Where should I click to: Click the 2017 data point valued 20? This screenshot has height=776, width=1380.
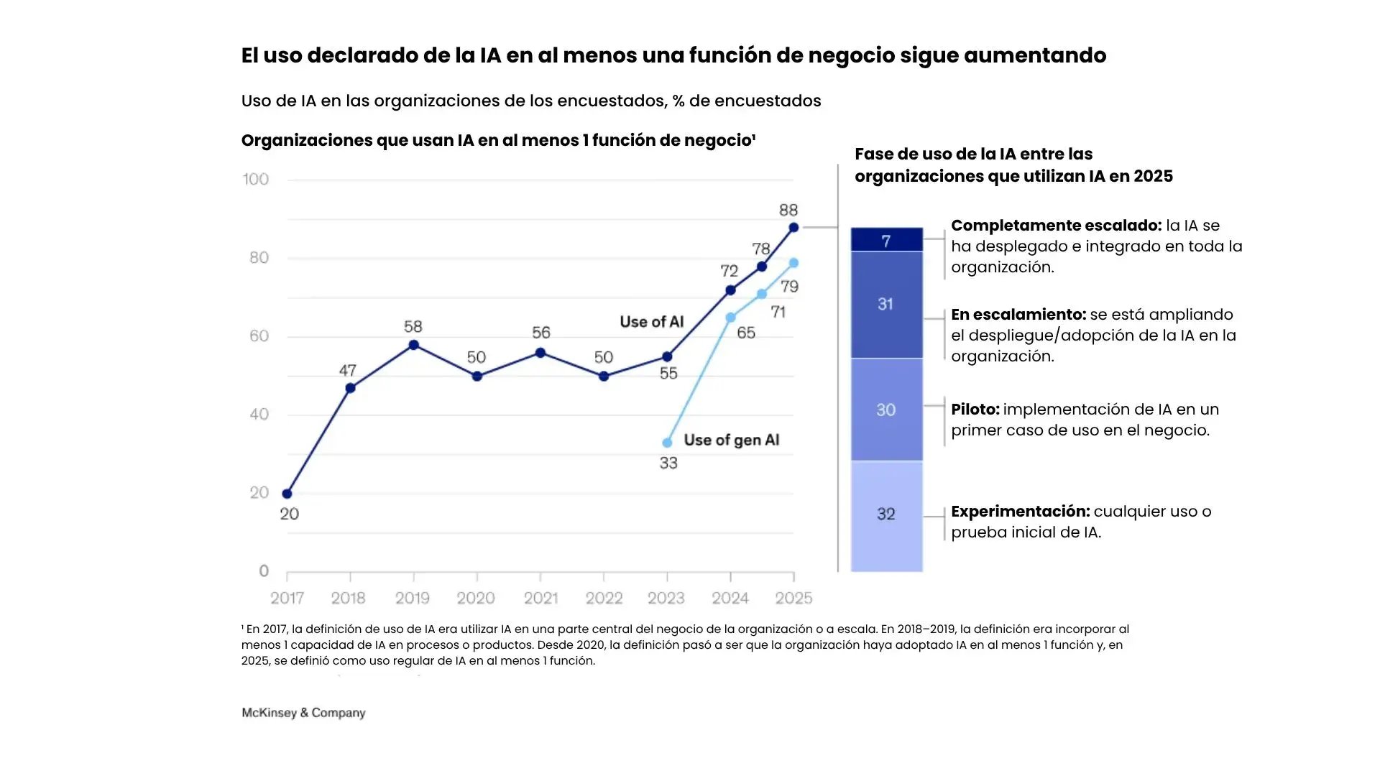(287, 494)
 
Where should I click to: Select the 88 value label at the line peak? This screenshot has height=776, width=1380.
(788, 210)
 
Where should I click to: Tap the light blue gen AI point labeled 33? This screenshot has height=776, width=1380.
(667, 443)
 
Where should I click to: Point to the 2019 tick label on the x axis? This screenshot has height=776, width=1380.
(413, 598)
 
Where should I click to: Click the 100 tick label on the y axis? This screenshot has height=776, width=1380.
(256, 179)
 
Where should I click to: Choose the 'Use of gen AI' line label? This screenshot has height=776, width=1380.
(731, 440)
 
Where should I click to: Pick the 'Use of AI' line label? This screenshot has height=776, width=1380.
(651, 322)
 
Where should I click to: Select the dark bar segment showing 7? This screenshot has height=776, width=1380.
(886, 240)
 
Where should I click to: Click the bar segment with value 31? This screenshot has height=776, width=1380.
(886, 304)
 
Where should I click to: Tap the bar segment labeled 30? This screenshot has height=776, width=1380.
(886, 410)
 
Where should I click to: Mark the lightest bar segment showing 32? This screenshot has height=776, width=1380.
(886, 514)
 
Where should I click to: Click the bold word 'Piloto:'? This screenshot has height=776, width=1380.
(975, 410)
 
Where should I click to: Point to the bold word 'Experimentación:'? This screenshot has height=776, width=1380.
(1020, 512)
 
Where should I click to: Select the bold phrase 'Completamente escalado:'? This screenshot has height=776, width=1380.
(1055, 226)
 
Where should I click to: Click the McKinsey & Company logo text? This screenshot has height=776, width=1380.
(303, 713)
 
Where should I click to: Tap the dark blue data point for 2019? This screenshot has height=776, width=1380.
(413, 345)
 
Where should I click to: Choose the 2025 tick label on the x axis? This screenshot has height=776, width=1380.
(793, 598)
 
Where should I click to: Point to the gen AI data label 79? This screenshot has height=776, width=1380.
(789, 287)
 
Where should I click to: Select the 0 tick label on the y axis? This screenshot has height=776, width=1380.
(264, 571)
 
